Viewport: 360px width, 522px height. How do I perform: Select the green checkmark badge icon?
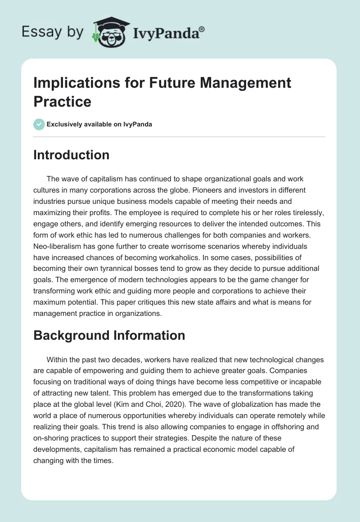click(39, 124)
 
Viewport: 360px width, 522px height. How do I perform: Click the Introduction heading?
click(72, 155)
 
